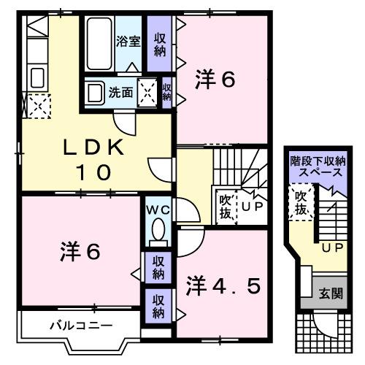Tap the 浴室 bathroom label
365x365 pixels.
128,41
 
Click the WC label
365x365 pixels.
158,210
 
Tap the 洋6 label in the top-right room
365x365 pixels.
215,79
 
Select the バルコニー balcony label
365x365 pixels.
72,325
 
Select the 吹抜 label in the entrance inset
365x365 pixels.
300,203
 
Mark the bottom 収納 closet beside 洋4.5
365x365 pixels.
157,305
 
